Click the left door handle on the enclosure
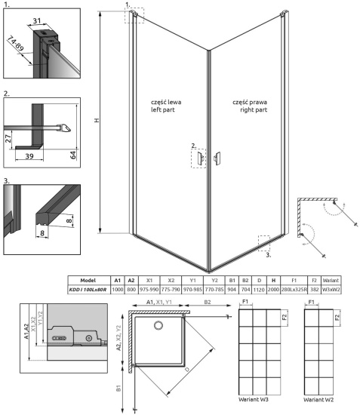(200, 156)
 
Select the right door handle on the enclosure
(218, 157)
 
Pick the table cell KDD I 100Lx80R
(88, 288)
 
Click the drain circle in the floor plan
(158, 326)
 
